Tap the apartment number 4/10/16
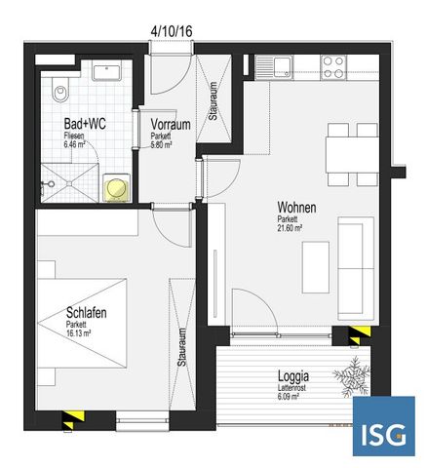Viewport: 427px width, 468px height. point(172,31)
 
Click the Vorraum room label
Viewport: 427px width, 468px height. point(170,124)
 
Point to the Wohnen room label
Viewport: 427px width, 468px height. point(296,208)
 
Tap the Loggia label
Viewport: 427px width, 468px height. point(293,375)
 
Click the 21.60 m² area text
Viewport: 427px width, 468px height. point(290,228)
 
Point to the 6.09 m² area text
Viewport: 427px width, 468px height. point(289,395)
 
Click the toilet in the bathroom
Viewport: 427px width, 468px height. point(61,91)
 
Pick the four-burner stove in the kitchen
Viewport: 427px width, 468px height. point(332,66)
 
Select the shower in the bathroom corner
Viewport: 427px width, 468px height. point(69,181)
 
